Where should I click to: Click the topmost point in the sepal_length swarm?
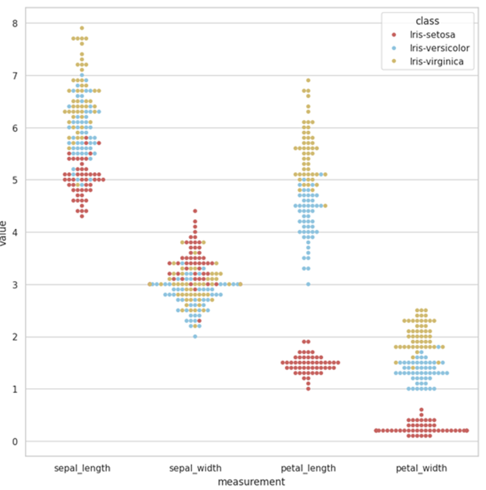point(82,28)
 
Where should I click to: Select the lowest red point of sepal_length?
point(82,216)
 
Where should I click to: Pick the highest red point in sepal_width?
point(195,211)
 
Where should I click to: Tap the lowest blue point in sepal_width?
point(195,337)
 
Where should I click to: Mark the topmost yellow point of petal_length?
point(308,80)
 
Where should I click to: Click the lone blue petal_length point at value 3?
point(308,284)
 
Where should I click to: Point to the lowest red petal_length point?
point(308,389)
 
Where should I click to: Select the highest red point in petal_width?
point(421,410)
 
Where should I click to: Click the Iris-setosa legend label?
point(432,35)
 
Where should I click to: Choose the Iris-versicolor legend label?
point(439,48)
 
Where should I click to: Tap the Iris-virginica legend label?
point(436,62)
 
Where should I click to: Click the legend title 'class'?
point(427,21)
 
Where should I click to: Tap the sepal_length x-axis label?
point(82,468)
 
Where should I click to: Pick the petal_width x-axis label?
point(421,468)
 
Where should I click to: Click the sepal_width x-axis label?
point(195,468)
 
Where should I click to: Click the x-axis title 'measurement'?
point(251,481)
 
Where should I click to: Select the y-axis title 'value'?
point(4,233)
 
